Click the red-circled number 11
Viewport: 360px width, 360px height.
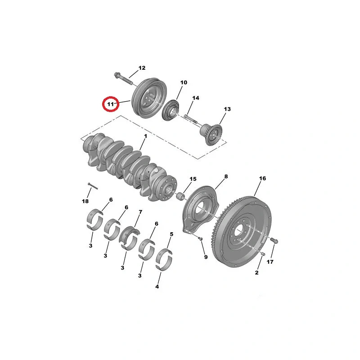[x=111, y=104]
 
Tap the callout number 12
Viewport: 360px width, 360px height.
[x=142, y=68]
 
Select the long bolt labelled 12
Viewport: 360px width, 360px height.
[x=123, y=78]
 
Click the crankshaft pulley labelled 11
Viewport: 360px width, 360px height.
[x=150, y=98]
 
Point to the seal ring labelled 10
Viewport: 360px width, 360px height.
[x=171, y=110]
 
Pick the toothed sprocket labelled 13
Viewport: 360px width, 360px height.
[x=211, y=134]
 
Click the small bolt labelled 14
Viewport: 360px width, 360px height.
[x=190, y=119]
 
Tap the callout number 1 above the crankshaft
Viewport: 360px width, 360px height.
[x=145, y=136]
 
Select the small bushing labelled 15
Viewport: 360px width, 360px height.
[x=181, y=196]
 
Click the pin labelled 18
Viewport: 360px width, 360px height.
[x=93, y=186]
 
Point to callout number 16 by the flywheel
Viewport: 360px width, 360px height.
[x=262, y=178]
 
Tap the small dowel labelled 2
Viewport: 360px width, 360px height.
[x=263, y=253]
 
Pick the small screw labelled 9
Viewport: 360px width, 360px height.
[x=200, y=239]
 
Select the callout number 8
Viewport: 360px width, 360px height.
[x=226, y=176]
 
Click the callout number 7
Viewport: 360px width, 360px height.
[x=140, y=212]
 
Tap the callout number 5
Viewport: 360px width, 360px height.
[x=171, y=234]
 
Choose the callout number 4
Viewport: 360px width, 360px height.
[x=157, y=287]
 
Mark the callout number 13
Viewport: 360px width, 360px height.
[x=227, y=109]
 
